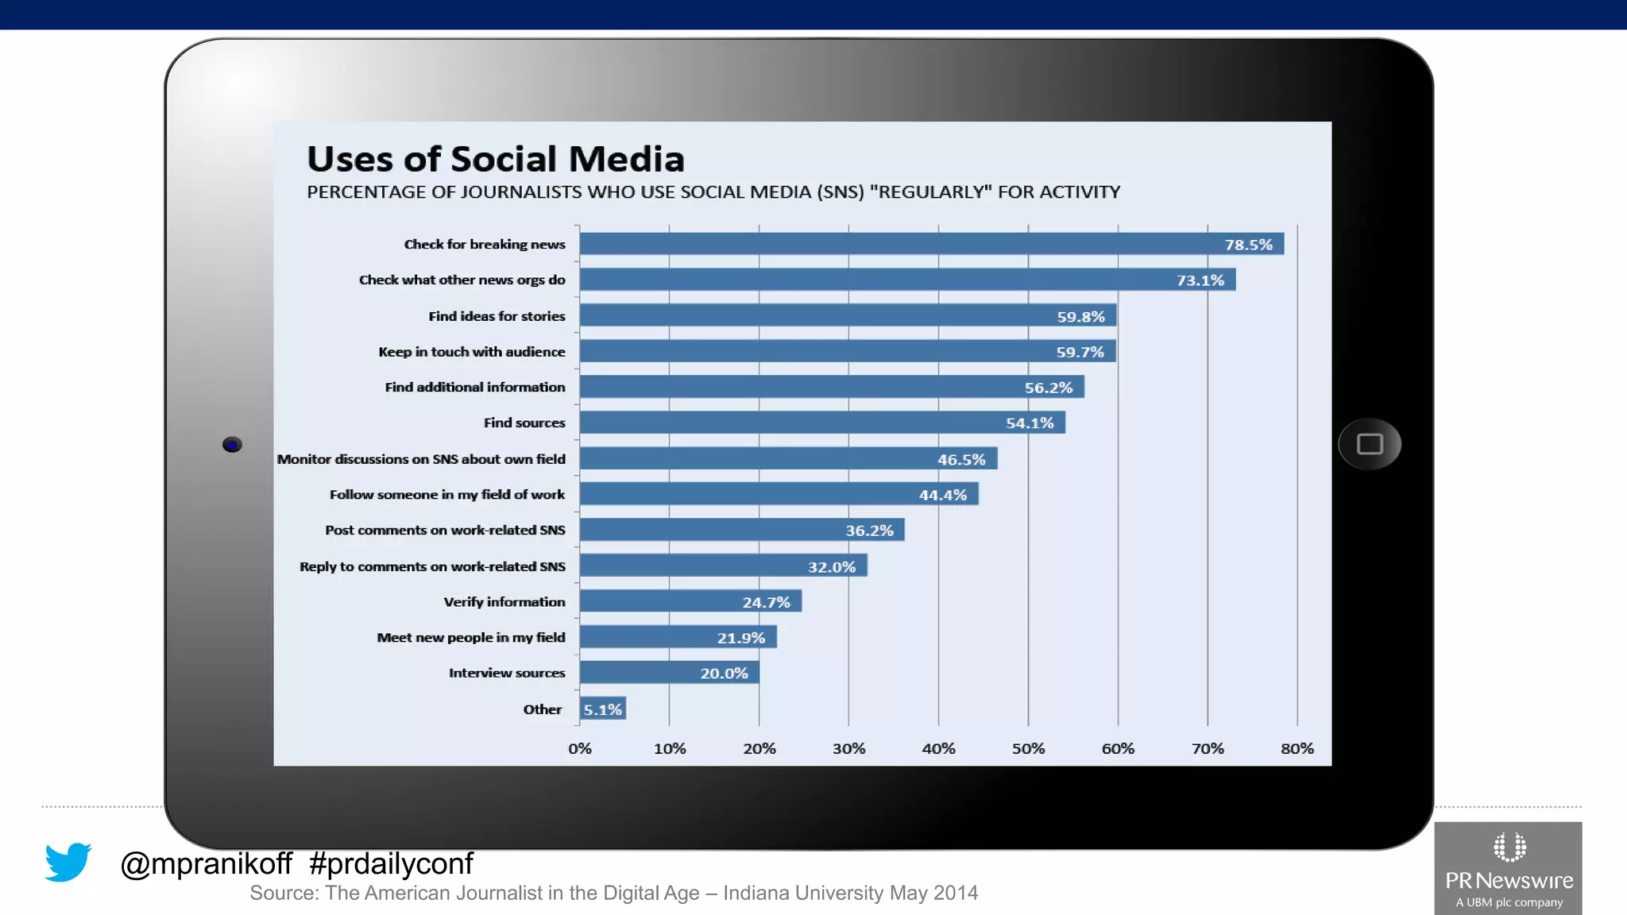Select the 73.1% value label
(1200, 280)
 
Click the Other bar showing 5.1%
(603, 708)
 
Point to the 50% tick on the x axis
(1028, 748)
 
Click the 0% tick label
(580, 748)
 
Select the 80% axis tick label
(1297, 748)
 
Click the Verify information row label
(504, 602)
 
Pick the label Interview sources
(507, 673)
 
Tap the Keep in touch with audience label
(472, 352)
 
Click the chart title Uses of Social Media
(496, 159)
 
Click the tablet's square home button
(1370, 444)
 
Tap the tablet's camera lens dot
(232, 445)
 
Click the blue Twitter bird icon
(68, 861)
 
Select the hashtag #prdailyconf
(391, 863)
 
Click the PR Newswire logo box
(1508, 869)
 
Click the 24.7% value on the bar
(766, 602)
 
